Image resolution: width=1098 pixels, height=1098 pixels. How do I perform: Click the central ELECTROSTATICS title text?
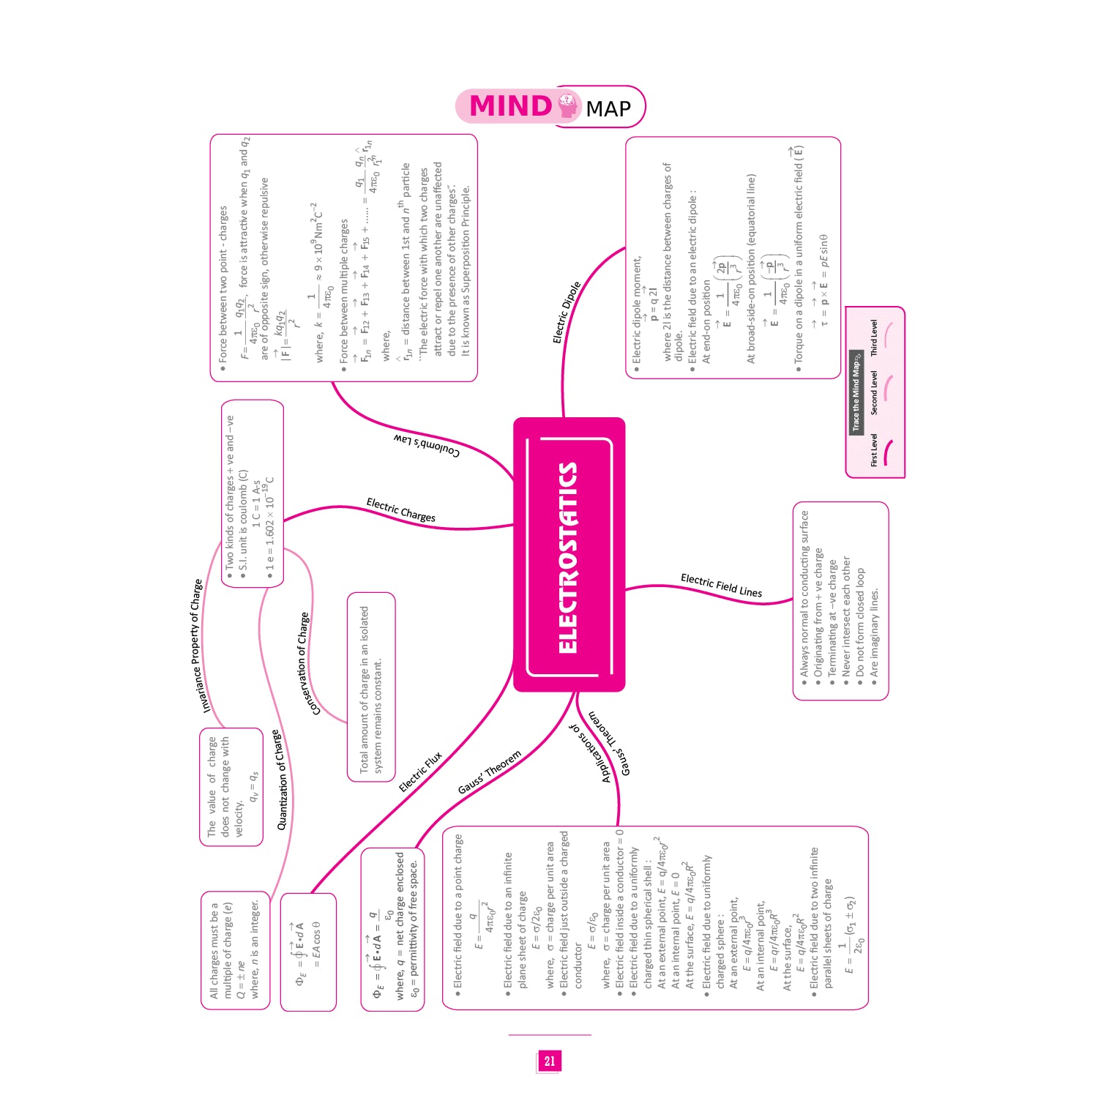(568, 558)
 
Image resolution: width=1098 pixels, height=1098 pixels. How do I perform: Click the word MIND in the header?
(510, 106)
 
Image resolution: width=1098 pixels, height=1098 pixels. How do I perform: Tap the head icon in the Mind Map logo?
(567, 106)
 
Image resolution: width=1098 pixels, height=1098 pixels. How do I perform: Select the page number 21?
(550, 1061)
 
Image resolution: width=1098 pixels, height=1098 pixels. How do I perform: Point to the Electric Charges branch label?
(400, 510)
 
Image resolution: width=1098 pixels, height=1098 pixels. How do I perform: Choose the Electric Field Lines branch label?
(721, 586)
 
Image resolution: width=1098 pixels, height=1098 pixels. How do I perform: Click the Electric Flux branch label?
(420, 772)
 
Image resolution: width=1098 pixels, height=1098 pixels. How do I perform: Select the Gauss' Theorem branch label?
(489, 772)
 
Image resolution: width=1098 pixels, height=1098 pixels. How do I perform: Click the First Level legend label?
(874, 450)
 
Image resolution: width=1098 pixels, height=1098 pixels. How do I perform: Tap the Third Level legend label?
(874, 338)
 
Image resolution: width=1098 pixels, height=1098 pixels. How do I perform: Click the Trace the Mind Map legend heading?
(855, 391)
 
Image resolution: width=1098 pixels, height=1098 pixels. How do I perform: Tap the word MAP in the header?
(608, 109)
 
